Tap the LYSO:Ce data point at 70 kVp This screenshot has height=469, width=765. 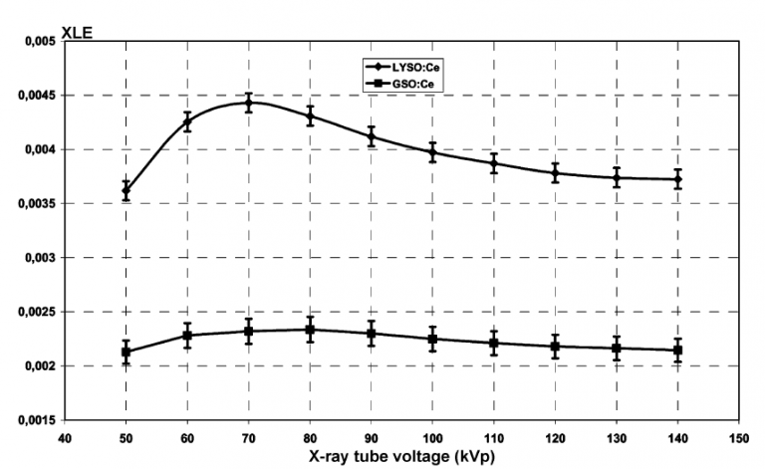click(x=248, y=103)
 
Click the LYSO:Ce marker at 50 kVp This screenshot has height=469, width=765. click(x=126, y=190)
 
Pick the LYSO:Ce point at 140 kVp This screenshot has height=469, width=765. click(x=677, y=179)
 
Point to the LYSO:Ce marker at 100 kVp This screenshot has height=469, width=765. click(x=432, y=152)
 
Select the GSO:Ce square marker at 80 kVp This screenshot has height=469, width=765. click(x=310, y=330)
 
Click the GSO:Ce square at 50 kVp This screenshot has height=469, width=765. click(x=126, y=352)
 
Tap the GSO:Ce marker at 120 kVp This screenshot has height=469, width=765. click(x=555, y=347)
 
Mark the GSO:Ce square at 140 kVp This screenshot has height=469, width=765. click(x=677, y=351)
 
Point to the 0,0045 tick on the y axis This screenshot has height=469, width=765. click(x=33, y=96)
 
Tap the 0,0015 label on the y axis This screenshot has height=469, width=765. click(x=33, y=420)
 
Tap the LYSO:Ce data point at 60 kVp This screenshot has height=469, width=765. click(x=187, y=122)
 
